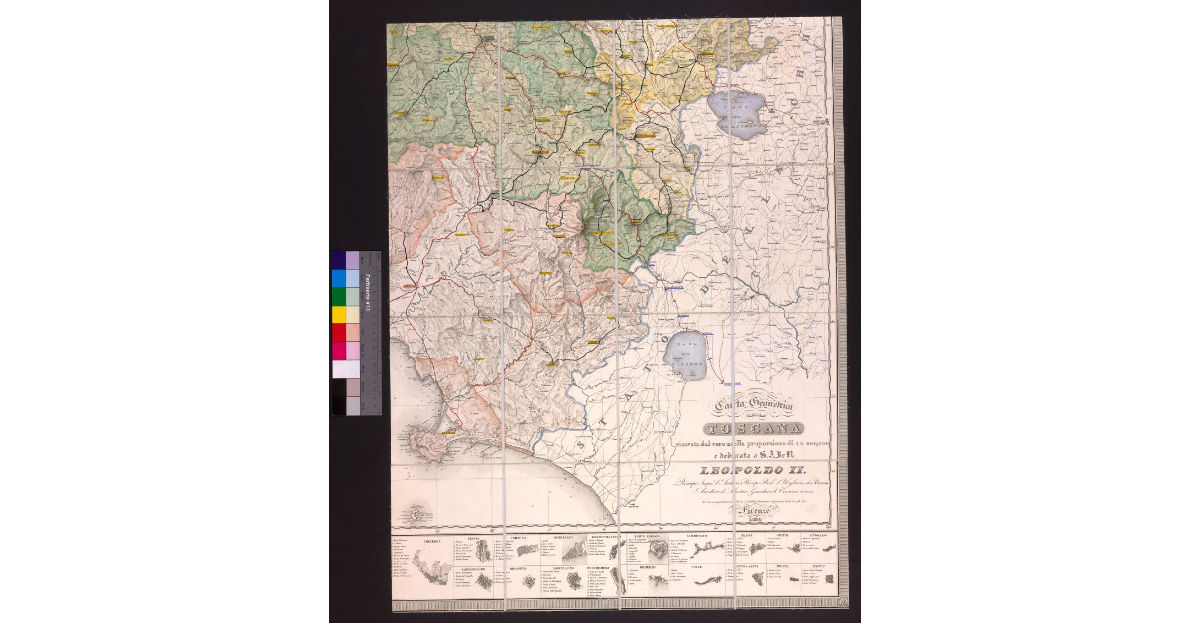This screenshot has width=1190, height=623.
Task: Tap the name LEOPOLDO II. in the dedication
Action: coord(758,469)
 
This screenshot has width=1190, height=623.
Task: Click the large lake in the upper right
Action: coord(737,114)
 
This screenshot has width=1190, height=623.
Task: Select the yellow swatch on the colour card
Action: coord(339,314)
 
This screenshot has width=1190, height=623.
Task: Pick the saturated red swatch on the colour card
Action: coord(339,332)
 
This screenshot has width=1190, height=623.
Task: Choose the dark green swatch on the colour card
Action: coord(339,297)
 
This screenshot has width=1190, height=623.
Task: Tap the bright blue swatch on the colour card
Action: coord(339,279)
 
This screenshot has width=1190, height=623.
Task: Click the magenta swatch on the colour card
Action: coord(339,350)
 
